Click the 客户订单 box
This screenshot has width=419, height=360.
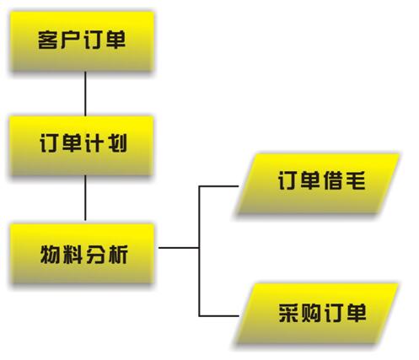(82, 41)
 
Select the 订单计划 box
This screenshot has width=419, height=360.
(82, 146)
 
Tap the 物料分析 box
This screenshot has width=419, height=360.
(82, 253)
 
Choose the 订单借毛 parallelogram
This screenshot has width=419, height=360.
(318, 184)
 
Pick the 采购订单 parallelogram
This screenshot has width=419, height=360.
(318, 314)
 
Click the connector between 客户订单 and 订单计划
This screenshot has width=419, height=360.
(85, 94)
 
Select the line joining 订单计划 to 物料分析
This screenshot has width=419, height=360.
(85, 198)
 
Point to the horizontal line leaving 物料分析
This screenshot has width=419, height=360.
(179, 248)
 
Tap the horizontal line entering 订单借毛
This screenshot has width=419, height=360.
(218, 186)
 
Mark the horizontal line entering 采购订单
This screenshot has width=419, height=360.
(218, 316)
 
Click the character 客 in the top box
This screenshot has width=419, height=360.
(48, 40)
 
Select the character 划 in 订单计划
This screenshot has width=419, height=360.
(117, 143)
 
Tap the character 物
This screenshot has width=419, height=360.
(50, 254)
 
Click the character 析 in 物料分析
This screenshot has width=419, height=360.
(118, 254)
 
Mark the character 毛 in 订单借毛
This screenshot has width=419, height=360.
(356, 180)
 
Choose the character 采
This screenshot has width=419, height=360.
(288, 313)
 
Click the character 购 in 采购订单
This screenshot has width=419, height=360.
(311, 313)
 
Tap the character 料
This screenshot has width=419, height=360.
(73, 254)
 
